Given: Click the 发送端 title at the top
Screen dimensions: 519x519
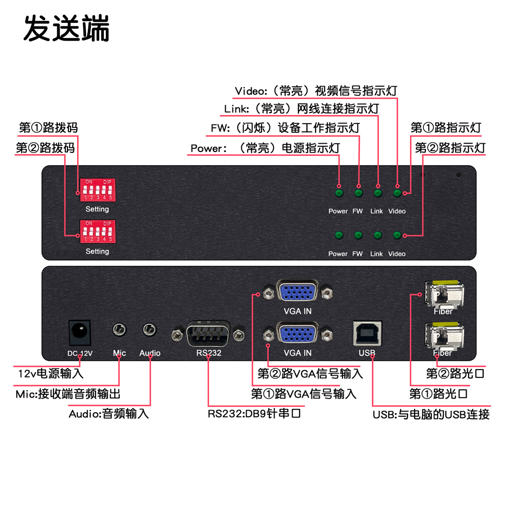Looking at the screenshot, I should [x=66, y=29].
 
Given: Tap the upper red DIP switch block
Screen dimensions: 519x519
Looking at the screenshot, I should [x=97, y=190].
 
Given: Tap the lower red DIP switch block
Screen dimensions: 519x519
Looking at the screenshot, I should [x=97, y=231].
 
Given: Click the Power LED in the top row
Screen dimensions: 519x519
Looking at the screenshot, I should [x=339, y=194].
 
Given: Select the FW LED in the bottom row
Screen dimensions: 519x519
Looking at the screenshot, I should [x=358, y=236].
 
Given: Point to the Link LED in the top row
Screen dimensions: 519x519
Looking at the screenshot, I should [x=378, y=194].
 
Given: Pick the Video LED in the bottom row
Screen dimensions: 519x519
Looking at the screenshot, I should [x=397, y=236].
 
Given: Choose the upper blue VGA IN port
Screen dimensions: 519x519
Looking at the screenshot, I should [x=298, y=292].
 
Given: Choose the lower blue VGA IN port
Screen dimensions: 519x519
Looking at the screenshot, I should [x=298, y=333].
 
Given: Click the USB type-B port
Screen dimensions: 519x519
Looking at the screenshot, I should [x=366, y=332].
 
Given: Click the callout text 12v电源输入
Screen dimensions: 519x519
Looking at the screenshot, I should [x=50, y=373].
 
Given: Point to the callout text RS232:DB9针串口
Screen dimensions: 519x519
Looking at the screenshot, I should [x=254, y=414].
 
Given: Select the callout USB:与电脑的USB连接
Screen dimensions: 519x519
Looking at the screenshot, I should [x=431, y=414].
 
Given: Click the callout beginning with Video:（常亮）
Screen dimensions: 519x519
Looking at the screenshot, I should [x=316, y=91].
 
